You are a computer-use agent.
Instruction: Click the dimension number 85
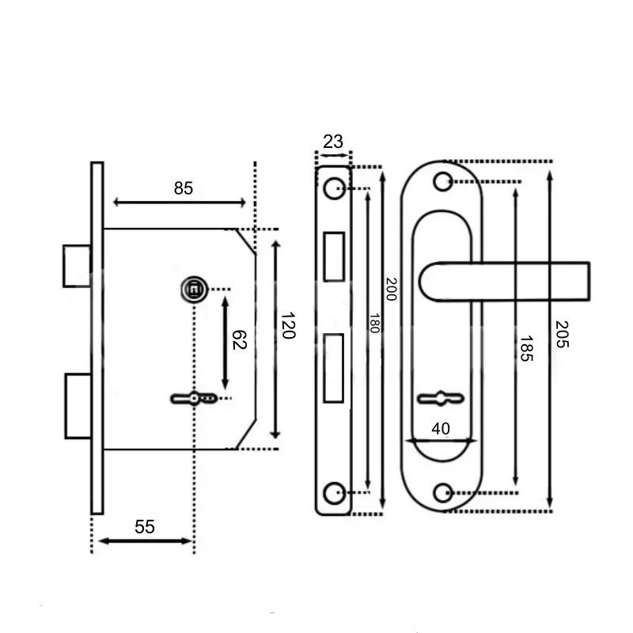(x=184, y=188)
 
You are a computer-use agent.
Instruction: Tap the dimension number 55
(x=145, y=527)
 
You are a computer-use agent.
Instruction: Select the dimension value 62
(x=239, y=340)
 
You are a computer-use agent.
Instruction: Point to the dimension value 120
(x=288, y=325)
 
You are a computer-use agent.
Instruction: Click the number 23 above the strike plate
(x=333, y=142)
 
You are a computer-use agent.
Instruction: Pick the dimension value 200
(x=391, y=289)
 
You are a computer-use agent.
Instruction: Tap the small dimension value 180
(x=374, y=324)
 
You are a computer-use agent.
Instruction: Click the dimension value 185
(x=526, y=349)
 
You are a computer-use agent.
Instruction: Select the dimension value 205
(x=562, y=334)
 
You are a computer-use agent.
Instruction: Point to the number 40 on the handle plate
(x=441, y=429)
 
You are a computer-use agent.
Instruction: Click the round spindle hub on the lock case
(x=195, y=290)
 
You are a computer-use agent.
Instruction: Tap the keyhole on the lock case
(x=194, y=399)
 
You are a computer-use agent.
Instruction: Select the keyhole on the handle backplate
(x=441, y=399)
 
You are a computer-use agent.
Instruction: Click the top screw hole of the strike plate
(x=334, y=188)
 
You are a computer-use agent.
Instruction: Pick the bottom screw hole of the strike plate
(x=334, y=492)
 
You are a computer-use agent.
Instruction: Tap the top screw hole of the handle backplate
(x=443, y=182)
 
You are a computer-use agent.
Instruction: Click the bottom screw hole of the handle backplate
(x=443, y=492)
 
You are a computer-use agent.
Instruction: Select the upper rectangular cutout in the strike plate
(x=334, y=256)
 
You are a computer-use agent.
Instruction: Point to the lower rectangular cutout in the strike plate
(x=333, y=368)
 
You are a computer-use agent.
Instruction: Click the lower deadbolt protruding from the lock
(x=78, y=406)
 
